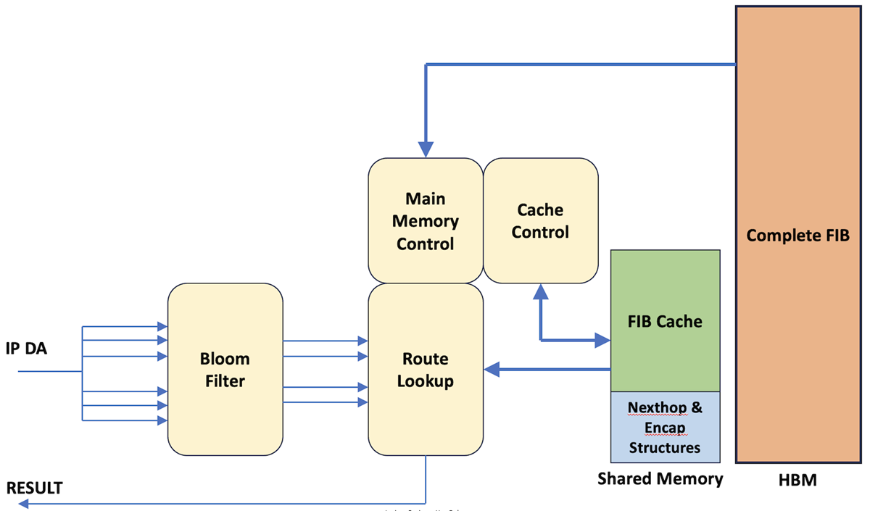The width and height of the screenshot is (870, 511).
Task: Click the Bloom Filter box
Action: click(x=225, y=370)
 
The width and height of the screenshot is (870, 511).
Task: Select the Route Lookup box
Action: click(x=426, y=370)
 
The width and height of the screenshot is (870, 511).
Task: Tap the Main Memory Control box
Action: click(x=426, y=220)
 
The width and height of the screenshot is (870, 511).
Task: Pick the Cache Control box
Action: click(x=540, y=220)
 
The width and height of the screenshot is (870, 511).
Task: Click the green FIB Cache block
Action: click(x=665, y=321)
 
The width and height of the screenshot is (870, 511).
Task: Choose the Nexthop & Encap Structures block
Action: click(x=665, y=427)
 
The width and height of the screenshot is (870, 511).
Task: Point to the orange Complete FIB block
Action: click(x=797, y=235)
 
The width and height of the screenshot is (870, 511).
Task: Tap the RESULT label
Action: click(x=35, y=488)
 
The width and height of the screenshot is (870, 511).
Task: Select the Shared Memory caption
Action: click(x=660, y=478)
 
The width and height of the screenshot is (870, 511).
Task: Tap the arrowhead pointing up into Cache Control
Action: click(x=541, y=291)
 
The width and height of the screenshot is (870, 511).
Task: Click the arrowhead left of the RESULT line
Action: click(x=13, y=502)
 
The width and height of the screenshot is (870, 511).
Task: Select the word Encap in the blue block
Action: click(x=665, y=428)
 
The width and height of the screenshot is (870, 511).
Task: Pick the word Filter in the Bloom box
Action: click(x=225, y=381)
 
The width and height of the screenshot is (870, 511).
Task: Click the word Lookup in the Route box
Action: click(x=426, y=381)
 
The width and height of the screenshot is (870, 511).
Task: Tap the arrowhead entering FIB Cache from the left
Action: click(x=602, y=339)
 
